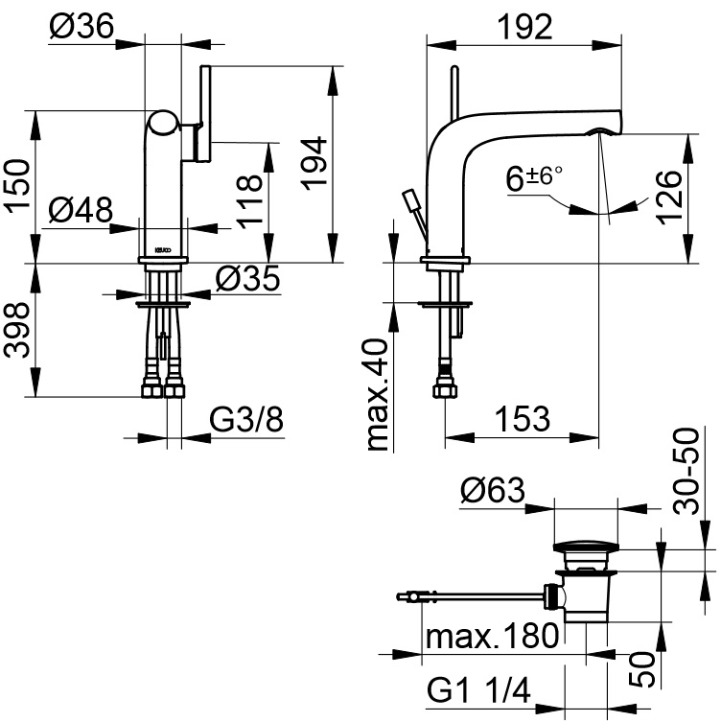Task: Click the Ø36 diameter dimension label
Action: point(81,26)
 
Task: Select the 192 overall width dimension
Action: point(524,27)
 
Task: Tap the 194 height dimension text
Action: point(314,163)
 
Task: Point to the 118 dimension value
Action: point(249,201)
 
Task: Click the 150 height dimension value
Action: point(17,186)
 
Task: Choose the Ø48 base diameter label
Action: point(81,210)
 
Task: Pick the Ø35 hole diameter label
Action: point(247,278)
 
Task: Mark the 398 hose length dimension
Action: point(16,330)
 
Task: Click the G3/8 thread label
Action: point(246,419)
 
